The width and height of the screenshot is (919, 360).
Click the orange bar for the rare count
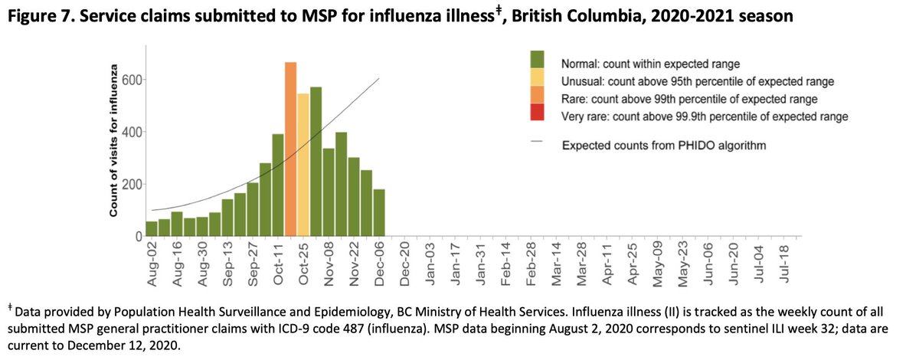(290, 149)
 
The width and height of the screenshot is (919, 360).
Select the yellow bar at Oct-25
(303, 165)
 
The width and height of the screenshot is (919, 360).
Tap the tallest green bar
(316, 162)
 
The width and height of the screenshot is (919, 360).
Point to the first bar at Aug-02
(152, 228)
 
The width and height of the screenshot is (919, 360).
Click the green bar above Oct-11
(278, 185)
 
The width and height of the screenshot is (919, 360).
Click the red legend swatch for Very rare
(537, 113)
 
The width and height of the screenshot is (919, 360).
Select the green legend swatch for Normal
(537, 61)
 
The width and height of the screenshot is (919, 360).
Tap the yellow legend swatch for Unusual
(537, 78)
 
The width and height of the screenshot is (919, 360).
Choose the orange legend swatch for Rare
(537, 95)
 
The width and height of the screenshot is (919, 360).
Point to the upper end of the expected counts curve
(378, 79)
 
